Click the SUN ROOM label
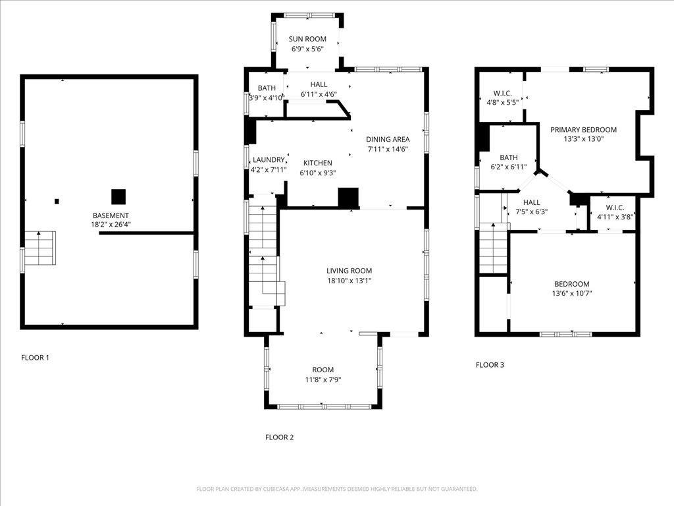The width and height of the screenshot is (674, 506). (307, 39)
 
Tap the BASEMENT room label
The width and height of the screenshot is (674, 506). (111, 215)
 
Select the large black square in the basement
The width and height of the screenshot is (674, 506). (118, 196)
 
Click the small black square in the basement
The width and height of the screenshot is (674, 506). (57, 202)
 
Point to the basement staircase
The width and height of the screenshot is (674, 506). (40, 248)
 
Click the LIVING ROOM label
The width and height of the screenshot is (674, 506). (349, 271)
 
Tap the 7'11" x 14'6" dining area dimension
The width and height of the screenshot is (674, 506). (387, 150)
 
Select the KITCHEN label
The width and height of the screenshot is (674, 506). (318, 163)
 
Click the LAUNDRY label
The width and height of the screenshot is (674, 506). (269, 160)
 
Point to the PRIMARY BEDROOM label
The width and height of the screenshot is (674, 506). (583, 130)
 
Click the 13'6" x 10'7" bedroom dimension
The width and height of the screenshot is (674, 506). (572, 294)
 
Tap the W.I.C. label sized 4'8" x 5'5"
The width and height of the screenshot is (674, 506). (502, 93)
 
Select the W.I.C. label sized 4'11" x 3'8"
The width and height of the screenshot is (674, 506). (615, 208)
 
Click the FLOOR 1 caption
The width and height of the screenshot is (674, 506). (36, 358)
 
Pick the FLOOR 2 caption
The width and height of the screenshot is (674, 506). (279, 437)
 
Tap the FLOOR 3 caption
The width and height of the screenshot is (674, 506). (490, 365)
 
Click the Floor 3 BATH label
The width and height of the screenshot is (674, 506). (509, 157)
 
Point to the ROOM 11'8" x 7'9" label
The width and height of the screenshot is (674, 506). (323, 370)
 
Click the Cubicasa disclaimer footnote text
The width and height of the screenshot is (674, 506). (336, 490)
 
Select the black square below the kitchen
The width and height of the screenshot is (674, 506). (348, 198)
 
